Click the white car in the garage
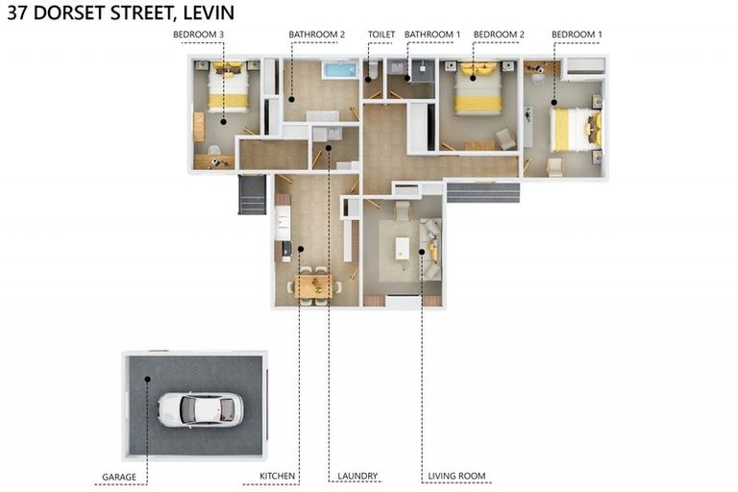[x=200, y=409]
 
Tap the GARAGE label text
[x=119, y=477]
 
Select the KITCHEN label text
[x=278, y=477]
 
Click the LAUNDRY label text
[x=357, y=477]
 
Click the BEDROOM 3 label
[x=198, y=35]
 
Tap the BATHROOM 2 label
[x=316, y=35]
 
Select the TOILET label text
[x=381, y=35]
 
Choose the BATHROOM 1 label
[x=431, y=35]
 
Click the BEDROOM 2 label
[x=499, y=35]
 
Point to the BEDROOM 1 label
[x=577, y=35]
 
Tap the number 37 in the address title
[x=16, y=12]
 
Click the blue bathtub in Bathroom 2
[x=339, y=70]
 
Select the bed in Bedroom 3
[x=229, y=88]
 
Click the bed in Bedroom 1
[x=573, y=130]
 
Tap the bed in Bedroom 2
[x=477, y=90]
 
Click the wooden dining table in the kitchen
[x=313, y=285]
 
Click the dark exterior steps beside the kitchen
[x=252, y=195]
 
